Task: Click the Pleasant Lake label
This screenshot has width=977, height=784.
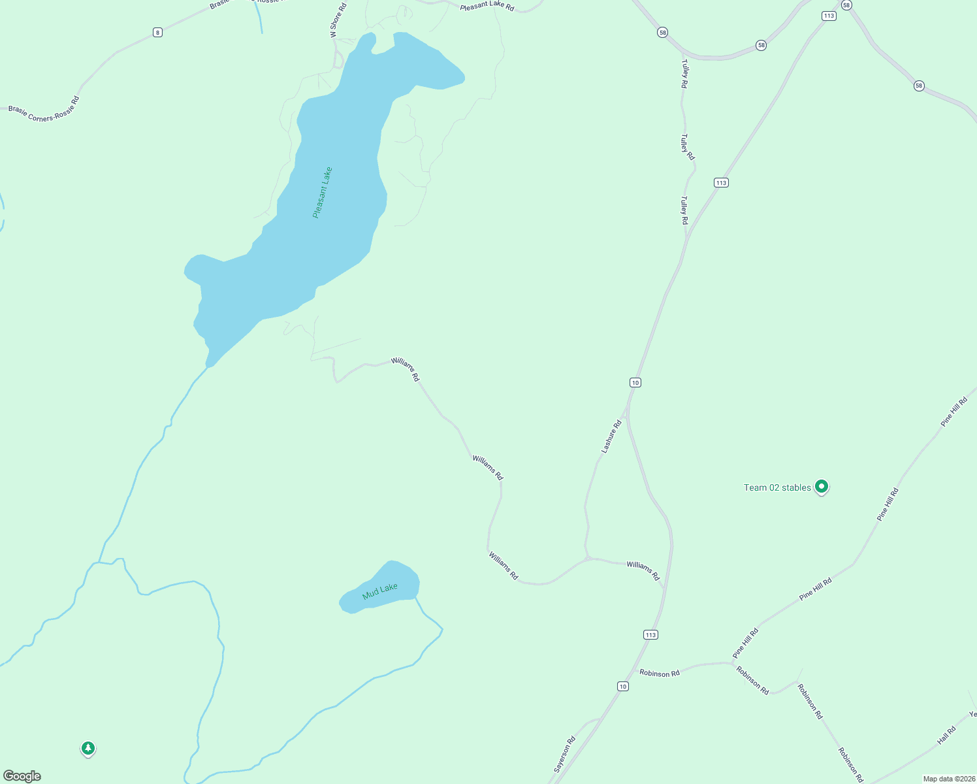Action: (323, 192)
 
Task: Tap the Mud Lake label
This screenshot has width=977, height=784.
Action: (379, 591)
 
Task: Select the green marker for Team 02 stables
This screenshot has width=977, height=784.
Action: (822, 486)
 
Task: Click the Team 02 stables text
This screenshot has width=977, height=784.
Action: (777, 487)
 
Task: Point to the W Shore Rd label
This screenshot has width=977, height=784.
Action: (338, 20)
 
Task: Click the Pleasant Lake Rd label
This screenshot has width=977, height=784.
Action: (487, 7)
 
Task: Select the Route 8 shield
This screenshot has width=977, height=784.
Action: (157, 32)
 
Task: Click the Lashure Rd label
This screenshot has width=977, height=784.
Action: (611, 437)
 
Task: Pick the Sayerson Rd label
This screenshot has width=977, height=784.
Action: (564, 754)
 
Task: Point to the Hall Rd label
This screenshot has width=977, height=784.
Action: (946, 736)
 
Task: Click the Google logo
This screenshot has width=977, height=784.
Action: (22, 776)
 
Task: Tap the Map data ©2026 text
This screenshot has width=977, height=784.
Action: (949, 779)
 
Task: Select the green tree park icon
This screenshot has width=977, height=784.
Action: (88, 748)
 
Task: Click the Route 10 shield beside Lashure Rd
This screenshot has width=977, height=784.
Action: (635, 382)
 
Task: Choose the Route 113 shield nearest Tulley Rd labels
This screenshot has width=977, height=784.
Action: (720, 183)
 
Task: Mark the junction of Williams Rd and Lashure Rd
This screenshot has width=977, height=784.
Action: (588, 558)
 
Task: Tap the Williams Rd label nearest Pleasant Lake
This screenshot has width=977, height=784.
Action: (405, 369)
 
